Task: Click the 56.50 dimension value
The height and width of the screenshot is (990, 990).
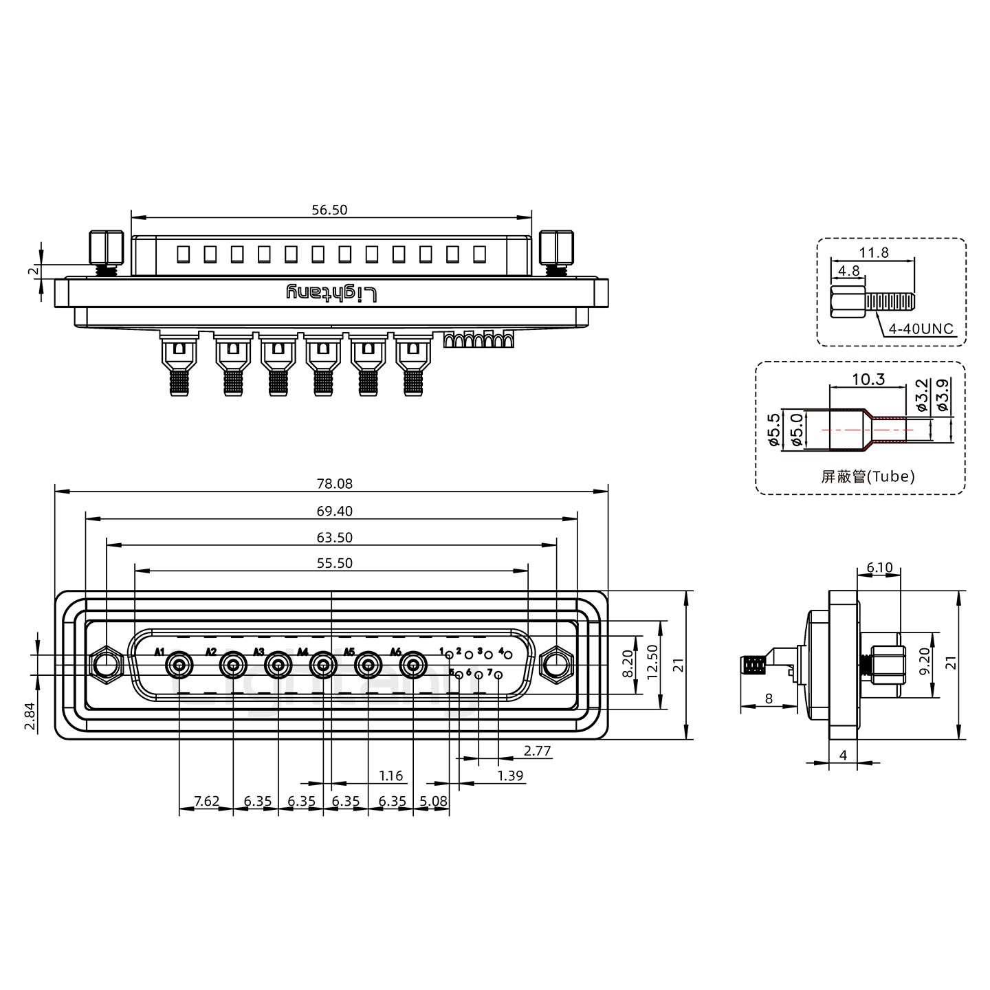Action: (x=329, y=210)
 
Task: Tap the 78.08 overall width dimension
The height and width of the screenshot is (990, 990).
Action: (x=335, y=483)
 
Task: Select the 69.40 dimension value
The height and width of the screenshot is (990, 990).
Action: (x=335, y=511)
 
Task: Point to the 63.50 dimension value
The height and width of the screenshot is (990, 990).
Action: (x=335, y=538)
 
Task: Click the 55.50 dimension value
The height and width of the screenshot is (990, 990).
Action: (x=335, y=563)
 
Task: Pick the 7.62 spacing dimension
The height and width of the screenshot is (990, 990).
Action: (x=206, y=801)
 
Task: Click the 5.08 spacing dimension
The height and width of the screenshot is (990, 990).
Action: (x=433, y=801)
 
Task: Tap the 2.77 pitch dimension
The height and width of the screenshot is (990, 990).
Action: (x=537, y=751)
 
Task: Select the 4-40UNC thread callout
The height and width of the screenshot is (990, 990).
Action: (x=921, y=329)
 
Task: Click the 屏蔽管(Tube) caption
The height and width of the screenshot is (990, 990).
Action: (x=868, y=476)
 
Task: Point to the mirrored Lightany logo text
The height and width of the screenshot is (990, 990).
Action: (x=331, y=294)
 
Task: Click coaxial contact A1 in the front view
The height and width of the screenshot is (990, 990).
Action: (x=179, y=665)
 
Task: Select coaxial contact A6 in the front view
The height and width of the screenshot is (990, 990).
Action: (x=412, y=665)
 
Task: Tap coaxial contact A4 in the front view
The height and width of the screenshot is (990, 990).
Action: (x=322, y=665)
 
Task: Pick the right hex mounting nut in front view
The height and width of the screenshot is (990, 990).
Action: (x=556, y=665)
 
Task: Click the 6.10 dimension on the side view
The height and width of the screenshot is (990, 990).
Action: (x=879, y=568)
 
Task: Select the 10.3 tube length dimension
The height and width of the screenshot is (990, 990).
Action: (x=868, y=379)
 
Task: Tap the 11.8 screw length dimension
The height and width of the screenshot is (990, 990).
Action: (x=874, y=252)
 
